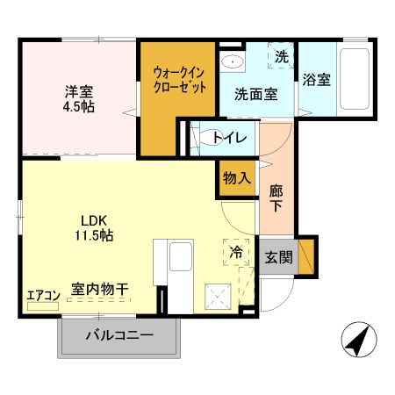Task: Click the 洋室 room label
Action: tap(78, 90)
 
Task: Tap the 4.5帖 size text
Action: tap(78, 106)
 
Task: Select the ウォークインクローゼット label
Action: tap(180, 81)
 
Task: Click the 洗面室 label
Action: tap(255, 94)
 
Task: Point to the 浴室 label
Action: tap(317, 80)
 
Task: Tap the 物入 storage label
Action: tap(236, 177)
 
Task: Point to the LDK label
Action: tap(94, 219)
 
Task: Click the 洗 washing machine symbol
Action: tap(281, 57)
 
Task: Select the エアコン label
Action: tap(41, 295)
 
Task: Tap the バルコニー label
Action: tap(120, 335)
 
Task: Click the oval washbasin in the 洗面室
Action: tap(233, 61)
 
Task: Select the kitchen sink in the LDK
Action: tap(180, 260)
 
